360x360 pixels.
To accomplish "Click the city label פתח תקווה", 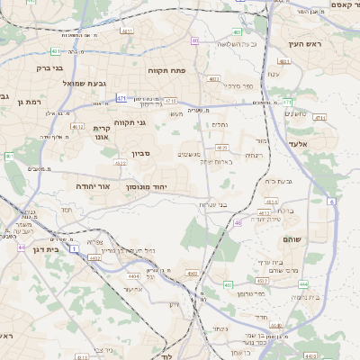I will (x=166, y=68).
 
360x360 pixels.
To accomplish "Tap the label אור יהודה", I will (x=92, y=185).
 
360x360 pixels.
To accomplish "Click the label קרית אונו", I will (x=101, y=133).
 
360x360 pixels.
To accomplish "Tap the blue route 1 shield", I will (x=74, y=247).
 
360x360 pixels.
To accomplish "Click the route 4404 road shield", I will (x=134, y=276).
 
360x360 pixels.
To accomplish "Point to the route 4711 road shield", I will (x=170, y=101).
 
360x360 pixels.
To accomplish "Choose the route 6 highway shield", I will (x=331, y=202).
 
